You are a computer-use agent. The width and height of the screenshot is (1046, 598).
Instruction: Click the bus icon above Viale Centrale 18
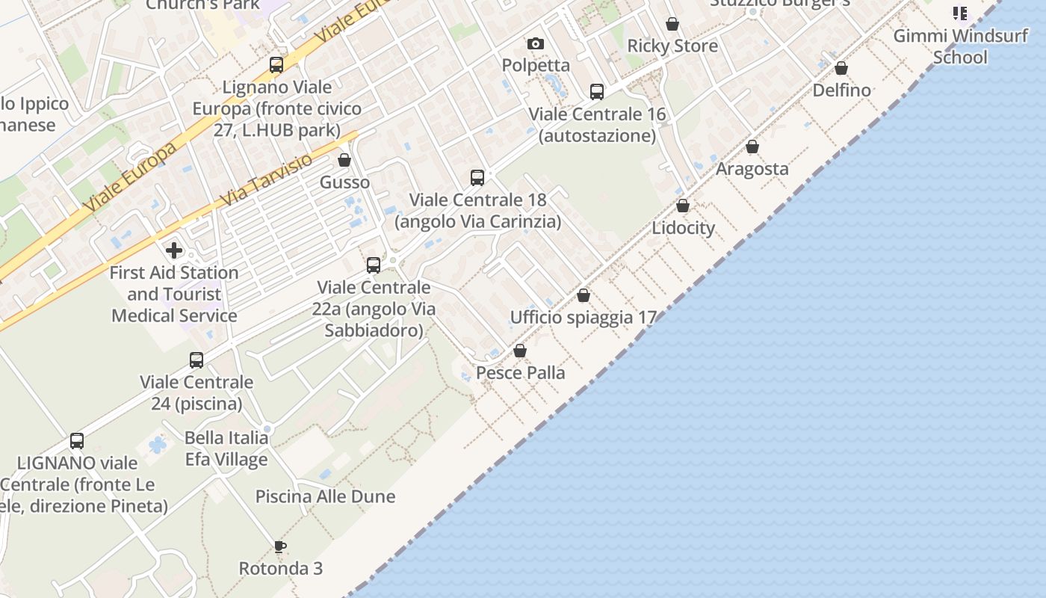(477, 178)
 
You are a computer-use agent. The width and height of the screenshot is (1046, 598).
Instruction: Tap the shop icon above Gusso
(344, 160)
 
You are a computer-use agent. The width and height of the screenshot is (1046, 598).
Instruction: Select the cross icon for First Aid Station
(174, 250)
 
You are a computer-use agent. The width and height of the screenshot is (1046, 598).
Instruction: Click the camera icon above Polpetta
(536, 44)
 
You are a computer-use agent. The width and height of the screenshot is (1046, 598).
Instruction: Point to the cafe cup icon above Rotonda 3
(280, 546)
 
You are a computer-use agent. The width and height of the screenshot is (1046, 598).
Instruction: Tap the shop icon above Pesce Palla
(520, 351)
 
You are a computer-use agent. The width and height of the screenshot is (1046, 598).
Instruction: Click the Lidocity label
(683, 228)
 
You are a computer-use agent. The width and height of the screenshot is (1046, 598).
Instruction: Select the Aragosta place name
(752, 169)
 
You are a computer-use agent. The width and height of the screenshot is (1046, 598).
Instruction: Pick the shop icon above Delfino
(841, 68)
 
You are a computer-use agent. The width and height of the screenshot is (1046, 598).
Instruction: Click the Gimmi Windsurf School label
(960, 46)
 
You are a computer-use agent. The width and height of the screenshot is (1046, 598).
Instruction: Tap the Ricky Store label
(672, 46)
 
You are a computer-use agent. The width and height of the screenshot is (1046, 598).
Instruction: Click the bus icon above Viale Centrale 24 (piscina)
(196, 360)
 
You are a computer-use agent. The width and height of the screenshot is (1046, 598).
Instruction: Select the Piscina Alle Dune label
(325, 496)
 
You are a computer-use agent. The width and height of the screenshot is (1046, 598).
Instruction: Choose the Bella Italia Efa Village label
(226, 448)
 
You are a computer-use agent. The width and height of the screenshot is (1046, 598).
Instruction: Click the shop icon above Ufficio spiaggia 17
(584, 295)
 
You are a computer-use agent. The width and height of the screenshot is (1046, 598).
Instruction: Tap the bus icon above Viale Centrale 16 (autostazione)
(597, 92)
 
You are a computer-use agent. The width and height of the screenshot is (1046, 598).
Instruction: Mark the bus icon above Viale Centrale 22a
(374, 265)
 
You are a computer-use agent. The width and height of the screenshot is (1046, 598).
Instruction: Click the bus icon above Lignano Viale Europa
(276, 65)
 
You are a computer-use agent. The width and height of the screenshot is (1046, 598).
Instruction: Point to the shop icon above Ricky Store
(672, 24)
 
